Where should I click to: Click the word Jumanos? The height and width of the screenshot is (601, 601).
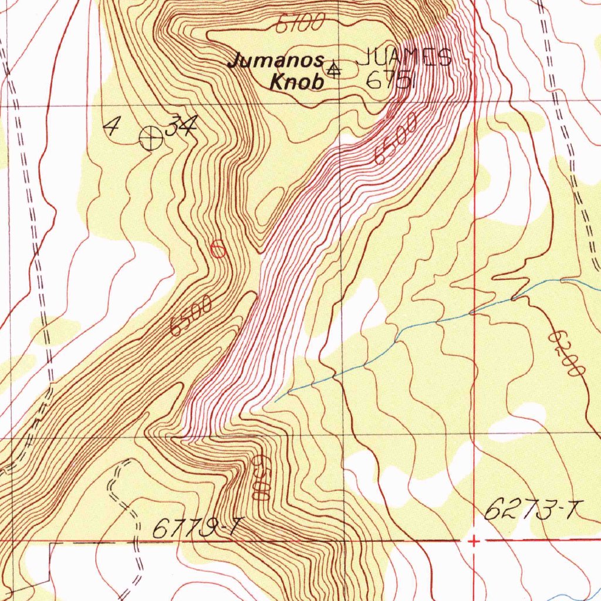click(276, 60)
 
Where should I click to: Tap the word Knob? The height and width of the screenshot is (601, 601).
click(296, 82)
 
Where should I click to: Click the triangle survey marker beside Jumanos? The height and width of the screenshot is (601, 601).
click(333, 70)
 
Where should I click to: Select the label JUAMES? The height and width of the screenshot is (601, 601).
click(404, 58)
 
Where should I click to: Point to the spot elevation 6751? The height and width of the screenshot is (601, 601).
click(390, 81)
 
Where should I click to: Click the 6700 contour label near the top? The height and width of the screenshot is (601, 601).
click(299, 23)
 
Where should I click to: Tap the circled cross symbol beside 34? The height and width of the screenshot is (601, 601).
click(151, 139)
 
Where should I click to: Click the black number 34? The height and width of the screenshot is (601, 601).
click(180, 126)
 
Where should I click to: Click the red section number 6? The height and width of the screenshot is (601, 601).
click(218, 249)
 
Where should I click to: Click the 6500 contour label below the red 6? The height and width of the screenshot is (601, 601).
click(191, 316)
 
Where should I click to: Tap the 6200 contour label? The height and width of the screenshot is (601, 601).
click(568, 355)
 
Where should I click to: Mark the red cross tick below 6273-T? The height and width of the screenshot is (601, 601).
click(474, 541)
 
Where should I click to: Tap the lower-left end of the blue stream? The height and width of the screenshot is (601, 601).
click(276, 399)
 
